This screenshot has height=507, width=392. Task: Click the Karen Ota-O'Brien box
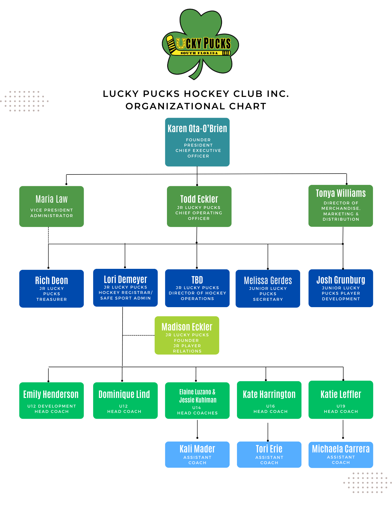(197, 142)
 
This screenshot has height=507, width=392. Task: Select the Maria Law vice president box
(52, 206)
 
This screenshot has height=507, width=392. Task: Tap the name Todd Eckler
(199, 199)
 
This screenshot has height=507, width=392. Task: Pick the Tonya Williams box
(340, 206)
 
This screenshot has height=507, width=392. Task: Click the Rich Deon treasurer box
(52, 289)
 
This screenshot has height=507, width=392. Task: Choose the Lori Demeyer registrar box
(125, 288)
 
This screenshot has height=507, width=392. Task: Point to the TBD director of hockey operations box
(197, 288)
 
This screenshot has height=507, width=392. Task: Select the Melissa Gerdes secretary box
(268, 289)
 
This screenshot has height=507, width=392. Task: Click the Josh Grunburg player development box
(340, 288)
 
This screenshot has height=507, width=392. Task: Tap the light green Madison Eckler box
(187, 335)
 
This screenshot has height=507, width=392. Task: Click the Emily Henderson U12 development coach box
(52, 400)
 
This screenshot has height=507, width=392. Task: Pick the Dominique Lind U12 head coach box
(125, 400)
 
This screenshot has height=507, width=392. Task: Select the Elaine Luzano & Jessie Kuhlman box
(197, 400)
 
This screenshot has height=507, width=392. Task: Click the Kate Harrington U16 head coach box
(269, 400)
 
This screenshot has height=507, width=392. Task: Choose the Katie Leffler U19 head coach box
(340, 400)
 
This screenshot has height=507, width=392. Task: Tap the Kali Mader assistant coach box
(197, 454)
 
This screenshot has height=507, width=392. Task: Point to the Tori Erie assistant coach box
(269, 454)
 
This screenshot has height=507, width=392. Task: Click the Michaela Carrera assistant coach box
(340, 455)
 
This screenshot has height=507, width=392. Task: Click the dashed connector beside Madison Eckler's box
(139, 335)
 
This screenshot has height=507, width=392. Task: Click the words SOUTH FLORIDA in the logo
(199, 53)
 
